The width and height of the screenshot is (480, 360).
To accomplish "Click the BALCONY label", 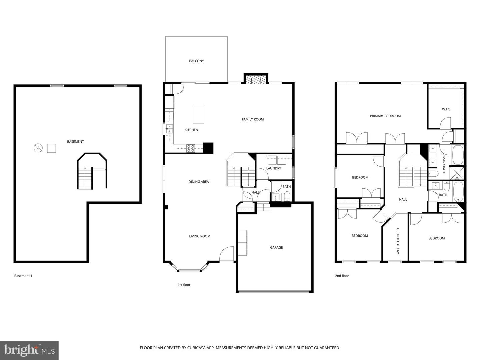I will click(x=196, y=61).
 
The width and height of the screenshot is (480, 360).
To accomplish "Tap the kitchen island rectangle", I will click(x=199, y=114).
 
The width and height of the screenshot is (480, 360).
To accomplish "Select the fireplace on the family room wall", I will click(x=256, y=79).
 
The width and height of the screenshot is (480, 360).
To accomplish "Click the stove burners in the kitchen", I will click(x=191, y=148).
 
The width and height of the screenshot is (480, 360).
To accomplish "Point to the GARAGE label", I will click(x=276, y=247).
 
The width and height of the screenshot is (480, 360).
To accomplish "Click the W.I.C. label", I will click(x=446, y=109).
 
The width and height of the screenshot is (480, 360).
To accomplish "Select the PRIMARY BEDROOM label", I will click(x=385, y=116).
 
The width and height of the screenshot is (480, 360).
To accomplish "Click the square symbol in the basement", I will click(x=51, y=148).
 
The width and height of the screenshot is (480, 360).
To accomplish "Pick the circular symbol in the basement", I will click(x=38, y=148).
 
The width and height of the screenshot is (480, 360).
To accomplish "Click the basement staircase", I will click(x=85, y=178).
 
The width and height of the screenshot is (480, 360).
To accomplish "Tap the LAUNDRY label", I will click(x=274, y=168).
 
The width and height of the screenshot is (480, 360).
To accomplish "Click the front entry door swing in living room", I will click(x=227, y=254).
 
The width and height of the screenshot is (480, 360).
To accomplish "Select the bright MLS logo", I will click(x=29, y=350).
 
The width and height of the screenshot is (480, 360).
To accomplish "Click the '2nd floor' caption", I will click(x=342, y=276).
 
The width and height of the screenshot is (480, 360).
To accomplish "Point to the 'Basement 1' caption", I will click(x=23, y=276).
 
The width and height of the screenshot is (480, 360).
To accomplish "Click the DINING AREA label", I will click(x=199, y=182).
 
